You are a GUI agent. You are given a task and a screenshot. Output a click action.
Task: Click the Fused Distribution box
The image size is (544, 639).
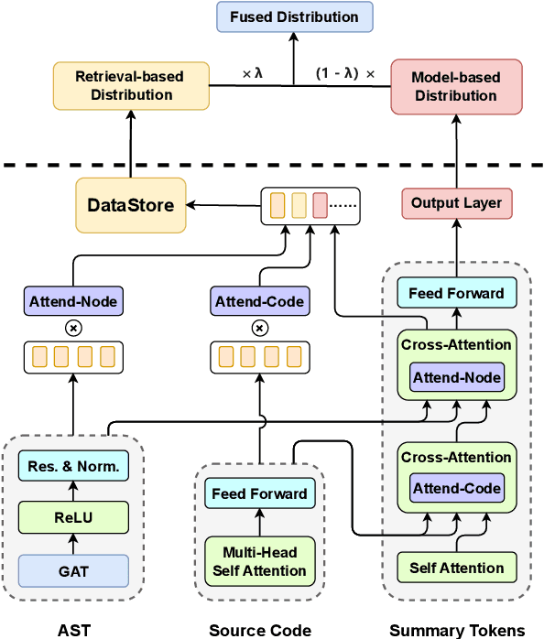point(294,16)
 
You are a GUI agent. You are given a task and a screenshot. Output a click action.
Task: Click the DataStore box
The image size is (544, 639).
point(130,205)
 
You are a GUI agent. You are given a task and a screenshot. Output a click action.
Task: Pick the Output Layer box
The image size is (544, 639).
point(456,203)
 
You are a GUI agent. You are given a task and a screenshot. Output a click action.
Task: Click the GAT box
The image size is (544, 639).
point(73,570)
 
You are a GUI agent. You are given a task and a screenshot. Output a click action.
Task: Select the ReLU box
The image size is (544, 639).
point(73,518)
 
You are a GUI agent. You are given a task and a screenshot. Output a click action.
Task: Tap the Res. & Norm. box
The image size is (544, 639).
point(73,466)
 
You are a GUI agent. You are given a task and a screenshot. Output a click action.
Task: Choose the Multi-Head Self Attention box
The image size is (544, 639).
point(259,562)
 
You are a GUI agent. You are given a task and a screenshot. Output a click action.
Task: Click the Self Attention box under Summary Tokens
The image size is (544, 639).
point(456,568)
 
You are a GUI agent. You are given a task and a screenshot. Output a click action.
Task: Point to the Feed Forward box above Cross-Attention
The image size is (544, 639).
point(456,293)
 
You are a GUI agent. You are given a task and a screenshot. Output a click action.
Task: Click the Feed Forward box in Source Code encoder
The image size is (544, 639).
point(259,493)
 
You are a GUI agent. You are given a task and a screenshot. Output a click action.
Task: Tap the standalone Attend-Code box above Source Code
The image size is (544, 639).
point(259,300)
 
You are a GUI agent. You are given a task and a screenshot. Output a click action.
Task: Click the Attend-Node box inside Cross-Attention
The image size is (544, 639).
point(456,377)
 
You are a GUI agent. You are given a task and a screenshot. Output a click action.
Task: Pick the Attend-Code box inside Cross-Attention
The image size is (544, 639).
point(456,488)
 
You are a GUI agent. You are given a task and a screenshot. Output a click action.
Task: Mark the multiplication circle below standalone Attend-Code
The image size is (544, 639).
point(259,327)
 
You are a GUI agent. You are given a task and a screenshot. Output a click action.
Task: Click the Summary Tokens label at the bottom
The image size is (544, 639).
point(457,630)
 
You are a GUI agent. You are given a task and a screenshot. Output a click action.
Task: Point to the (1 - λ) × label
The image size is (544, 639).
point(344,73)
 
